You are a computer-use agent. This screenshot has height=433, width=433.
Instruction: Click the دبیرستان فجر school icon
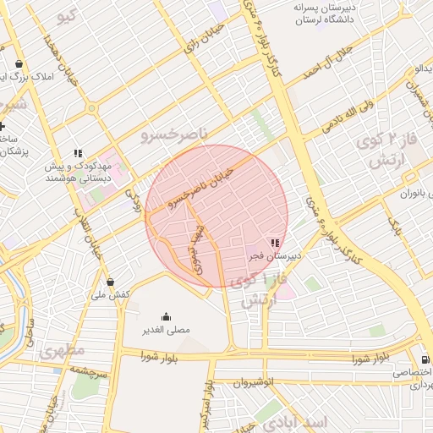(274, 243)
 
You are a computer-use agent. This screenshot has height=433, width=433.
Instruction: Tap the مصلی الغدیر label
(165, 329)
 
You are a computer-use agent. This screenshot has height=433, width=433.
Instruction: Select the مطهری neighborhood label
(62, 351)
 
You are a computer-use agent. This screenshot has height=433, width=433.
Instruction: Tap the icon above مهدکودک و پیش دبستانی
(77, 153)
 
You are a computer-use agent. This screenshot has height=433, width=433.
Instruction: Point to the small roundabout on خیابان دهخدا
(90, 109)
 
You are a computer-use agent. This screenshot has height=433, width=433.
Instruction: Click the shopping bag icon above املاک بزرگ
(18, 64)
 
